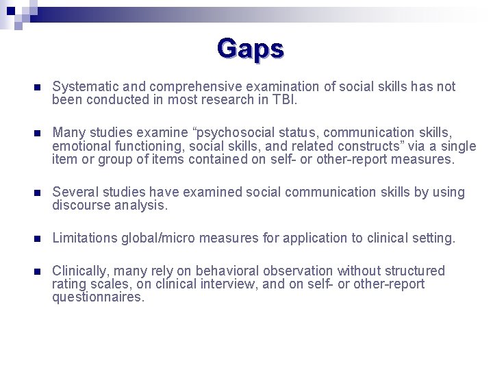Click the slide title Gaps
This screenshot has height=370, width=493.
click(250, 49)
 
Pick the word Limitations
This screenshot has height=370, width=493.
click(85, 238)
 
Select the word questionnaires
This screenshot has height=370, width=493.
click(99, 297)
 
